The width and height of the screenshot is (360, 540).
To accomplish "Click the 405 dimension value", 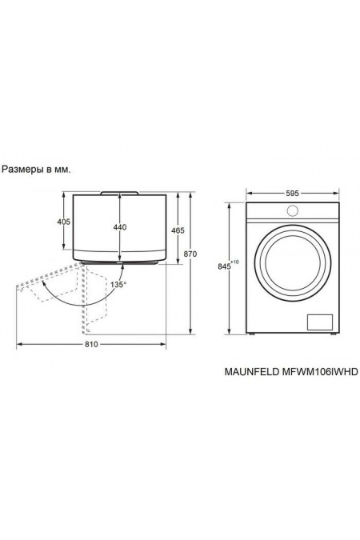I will (x=64, y=222).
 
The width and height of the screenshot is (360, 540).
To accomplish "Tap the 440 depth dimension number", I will (x=120, y=227).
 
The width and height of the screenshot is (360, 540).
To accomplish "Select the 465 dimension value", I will (x=178, y=230).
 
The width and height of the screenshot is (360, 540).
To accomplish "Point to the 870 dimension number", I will (x=190, y=254).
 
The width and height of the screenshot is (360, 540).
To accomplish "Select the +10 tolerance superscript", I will (x=236, y=262).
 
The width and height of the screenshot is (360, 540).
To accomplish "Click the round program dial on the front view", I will (x=291, y=210).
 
